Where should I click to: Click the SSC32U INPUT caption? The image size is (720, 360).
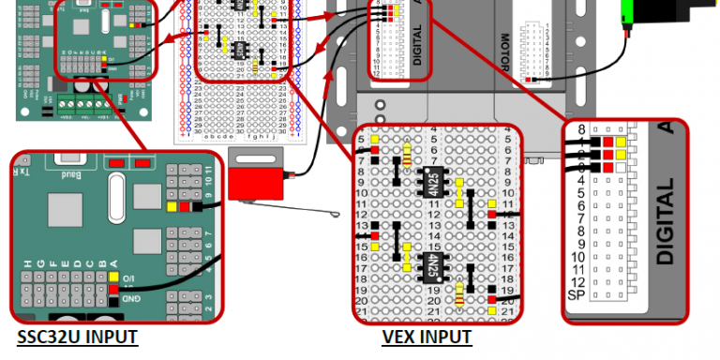[77, 337]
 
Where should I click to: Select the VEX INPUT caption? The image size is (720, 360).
[427, 337]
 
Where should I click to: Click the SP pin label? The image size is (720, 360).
[577, 295]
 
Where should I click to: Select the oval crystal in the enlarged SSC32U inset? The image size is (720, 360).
[116, 198]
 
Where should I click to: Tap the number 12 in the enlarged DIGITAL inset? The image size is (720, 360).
[578, 282]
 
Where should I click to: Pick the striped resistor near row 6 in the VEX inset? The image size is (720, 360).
[406, 154]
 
